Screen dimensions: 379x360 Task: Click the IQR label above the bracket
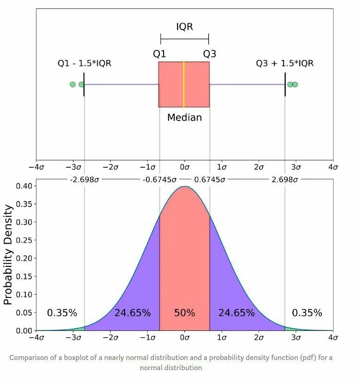pos(184,26)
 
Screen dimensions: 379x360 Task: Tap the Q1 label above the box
pos(159,54)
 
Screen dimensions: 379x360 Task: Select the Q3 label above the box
pos(209,54)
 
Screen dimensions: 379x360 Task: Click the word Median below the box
pos(184,118)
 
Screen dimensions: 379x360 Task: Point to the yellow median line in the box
pos(184,84)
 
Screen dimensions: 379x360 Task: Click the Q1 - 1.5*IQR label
pos(84,63)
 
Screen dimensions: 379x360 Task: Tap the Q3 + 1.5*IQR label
pos(284,63)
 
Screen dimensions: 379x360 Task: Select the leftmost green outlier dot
pos(73,84)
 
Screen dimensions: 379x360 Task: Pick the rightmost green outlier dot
pos(295,84)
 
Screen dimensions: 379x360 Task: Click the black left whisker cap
pos(84,84)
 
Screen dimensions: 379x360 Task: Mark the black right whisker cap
pos(285,84)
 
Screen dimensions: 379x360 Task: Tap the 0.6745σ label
pos(210,180)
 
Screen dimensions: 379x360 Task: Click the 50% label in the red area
pos(184,313)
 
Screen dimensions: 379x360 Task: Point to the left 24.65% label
pos(133,313)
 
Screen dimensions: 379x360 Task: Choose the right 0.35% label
pos(307,313)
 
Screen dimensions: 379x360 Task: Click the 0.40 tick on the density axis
pos(24,186)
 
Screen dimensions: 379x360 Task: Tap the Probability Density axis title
pos(8,255)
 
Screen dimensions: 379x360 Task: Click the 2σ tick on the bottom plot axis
pos(259,338)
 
